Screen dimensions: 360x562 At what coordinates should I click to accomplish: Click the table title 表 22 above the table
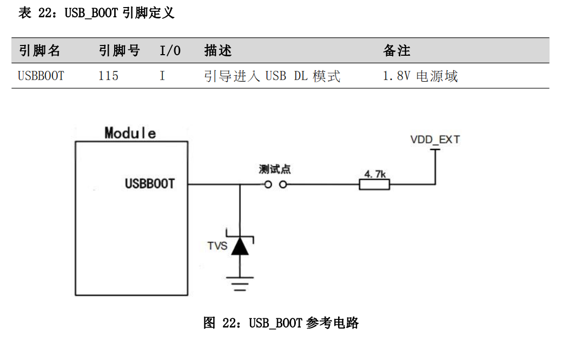(x=96, y=13)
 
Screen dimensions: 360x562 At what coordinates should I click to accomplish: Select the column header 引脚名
(x=39, y=51)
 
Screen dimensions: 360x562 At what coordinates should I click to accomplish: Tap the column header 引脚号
(x=119, y=51)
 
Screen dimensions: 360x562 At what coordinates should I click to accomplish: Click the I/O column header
(x=170, y=51)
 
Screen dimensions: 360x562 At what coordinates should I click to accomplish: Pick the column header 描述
(x=218, y=51)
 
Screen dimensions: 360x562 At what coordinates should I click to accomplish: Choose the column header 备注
(x=396, y=51)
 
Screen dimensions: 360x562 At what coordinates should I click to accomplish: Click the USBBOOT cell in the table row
(x=41, y=76)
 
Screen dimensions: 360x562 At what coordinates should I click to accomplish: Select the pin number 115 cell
(x=108, y=76)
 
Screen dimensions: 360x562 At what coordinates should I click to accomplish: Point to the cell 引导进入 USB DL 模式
(x=272, y=76)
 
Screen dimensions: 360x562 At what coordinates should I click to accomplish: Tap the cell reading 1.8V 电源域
(x=420, y=76)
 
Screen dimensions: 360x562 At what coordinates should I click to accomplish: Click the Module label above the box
(x=130, y=133)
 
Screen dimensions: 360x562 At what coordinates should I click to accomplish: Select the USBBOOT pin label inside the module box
(x=150, y=184)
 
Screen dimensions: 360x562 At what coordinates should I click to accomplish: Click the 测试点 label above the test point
(x=275, y=170)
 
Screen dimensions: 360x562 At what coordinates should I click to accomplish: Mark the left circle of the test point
(x=268, y=185)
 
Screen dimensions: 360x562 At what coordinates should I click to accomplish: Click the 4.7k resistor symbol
(x=374, y=185)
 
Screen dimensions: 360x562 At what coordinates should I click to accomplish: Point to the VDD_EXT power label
(x=435, y=140)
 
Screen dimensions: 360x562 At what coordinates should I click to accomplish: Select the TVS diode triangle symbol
(x=240, y=247)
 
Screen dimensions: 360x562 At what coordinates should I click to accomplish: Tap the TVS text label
(x=217, y=246)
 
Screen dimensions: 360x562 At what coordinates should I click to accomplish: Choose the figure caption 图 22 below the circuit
(x=281, y=323)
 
